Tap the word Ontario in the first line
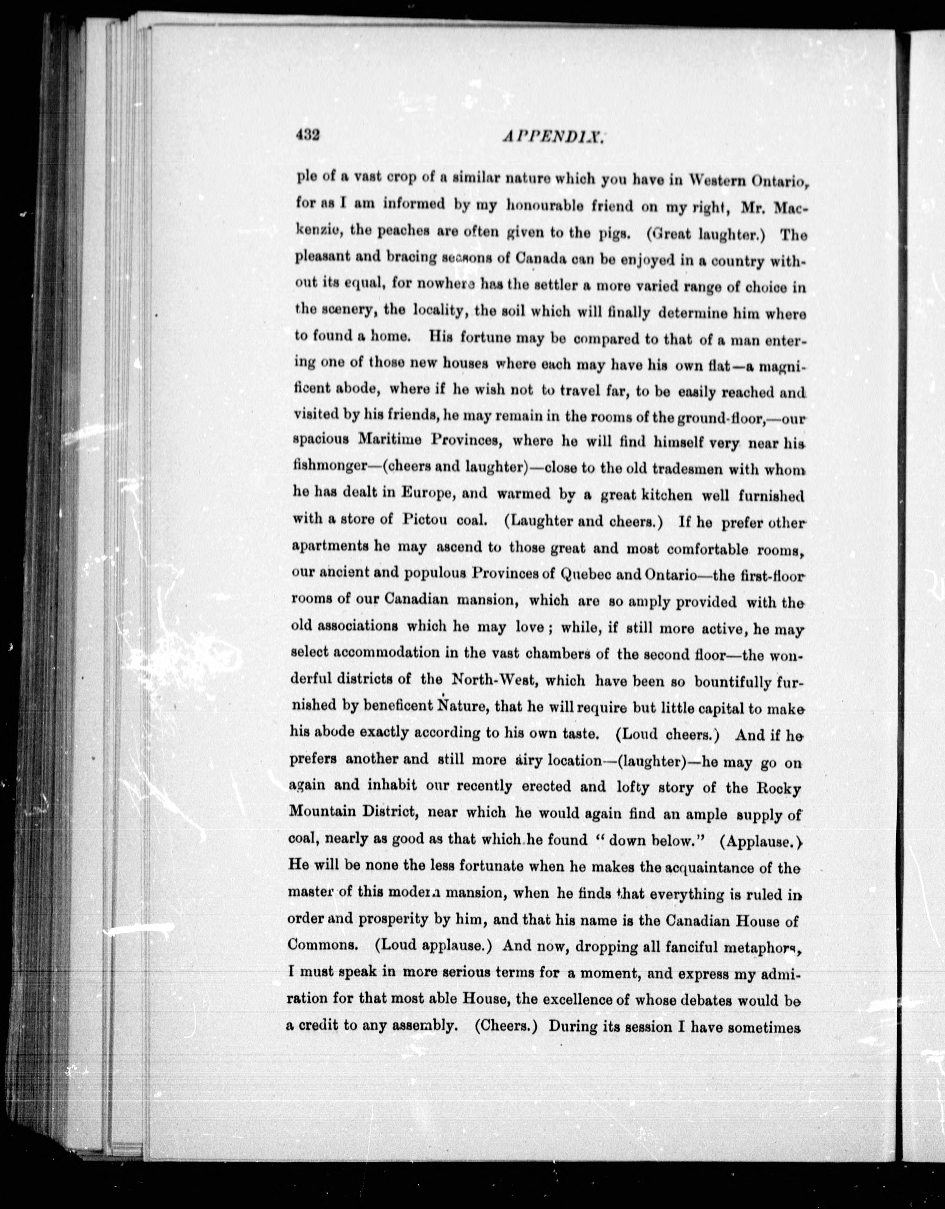[780, 181]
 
